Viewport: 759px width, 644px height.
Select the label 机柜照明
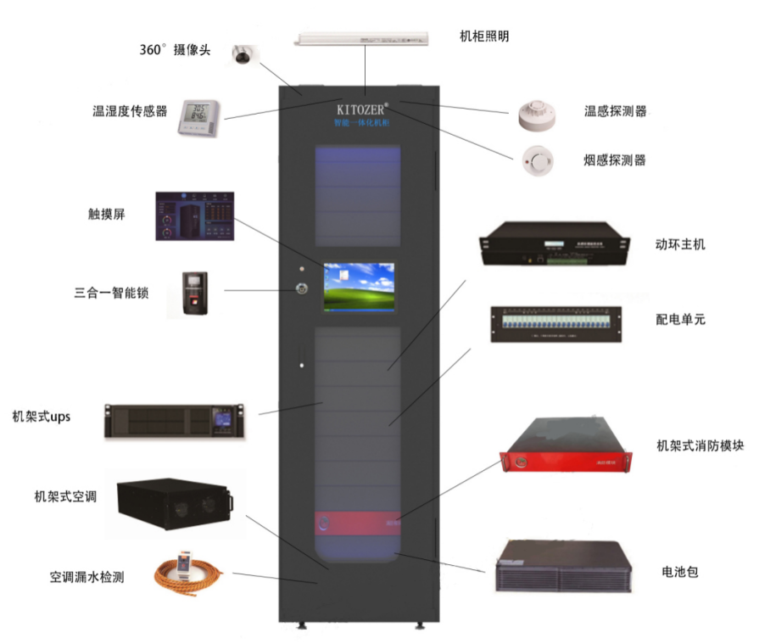tap(484, 36)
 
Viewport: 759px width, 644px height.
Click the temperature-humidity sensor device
tap(198, 117)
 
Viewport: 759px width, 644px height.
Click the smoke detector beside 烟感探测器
tap(537, 159)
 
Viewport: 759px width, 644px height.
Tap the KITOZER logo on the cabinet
tap(361, 109)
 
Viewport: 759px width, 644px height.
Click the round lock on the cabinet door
tap(301, 288)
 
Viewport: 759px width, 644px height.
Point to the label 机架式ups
tap(42, 417)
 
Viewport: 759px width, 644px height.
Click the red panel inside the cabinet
tap(357, 524)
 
